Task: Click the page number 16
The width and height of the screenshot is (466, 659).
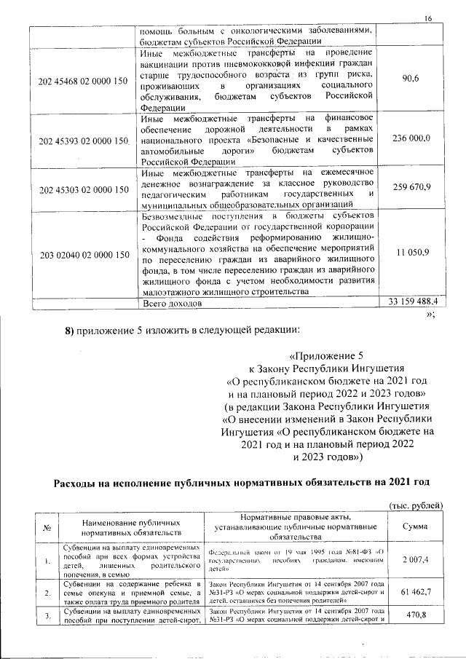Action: [x=428, y=18]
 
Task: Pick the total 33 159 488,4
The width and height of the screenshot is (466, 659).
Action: [x=412, y=301]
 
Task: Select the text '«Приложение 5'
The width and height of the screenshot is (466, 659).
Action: [x=325, y=356]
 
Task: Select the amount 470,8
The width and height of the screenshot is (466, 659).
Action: [x=412, y=615]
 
